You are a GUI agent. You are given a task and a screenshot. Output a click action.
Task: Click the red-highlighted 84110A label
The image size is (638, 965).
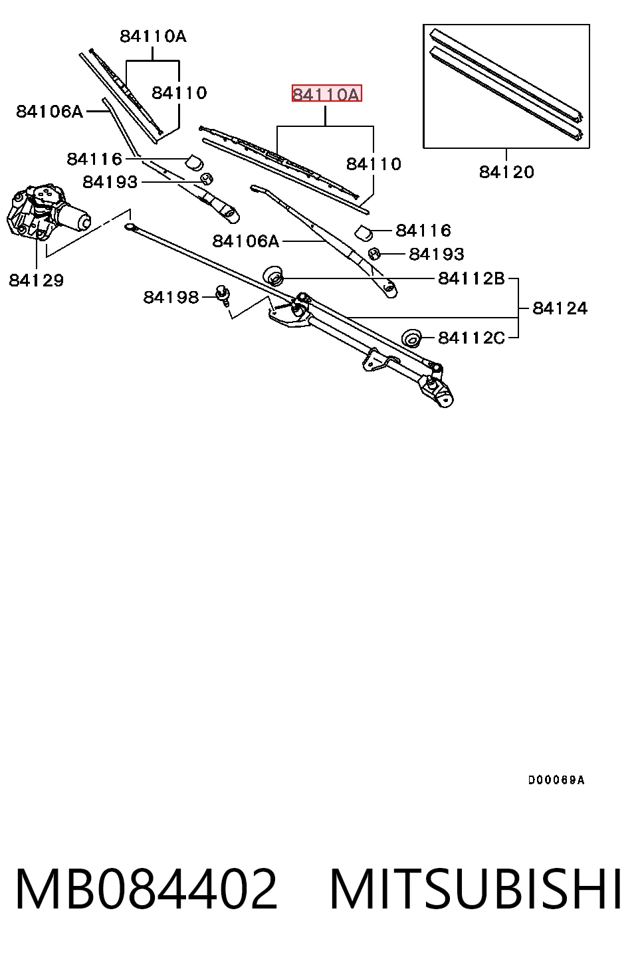click(x=326, y=94)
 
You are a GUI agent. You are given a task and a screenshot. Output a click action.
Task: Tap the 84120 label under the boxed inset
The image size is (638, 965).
click(x=506, y=172)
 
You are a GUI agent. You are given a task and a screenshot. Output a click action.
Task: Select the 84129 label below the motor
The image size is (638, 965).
click(x=36, y=280)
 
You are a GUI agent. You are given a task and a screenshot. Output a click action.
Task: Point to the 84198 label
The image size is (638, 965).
click(x=171, y=297)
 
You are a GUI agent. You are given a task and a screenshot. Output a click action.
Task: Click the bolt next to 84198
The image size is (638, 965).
click(x=223, y=294)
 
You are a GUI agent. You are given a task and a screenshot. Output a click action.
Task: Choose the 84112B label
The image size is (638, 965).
click(x=471, y=278)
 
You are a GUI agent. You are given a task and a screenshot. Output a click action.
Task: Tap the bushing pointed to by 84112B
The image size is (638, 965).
click(x=274, y=275)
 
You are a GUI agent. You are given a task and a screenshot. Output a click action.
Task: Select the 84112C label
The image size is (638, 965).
click(x=471, y=338)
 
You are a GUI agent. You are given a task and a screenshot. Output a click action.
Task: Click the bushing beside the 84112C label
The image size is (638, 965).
click(x=411, y=338)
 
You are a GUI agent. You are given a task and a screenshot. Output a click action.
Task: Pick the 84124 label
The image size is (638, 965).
click(x=560, y=308)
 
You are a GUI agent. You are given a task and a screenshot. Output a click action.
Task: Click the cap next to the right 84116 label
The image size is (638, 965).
click(x=364, y=233)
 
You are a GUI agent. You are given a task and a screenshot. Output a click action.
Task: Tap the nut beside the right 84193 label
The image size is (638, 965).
click(x=374, y=254)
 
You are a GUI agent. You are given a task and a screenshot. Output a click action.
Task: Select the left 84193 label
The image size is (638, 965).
click(x=110, y=182)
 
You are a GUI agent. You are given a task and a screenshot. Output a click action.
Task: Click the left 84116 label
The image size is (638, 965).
click(x=95, y=160)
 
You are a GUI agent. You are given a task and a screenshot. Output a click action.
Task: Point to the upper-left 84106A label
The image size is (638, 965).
click(x=50, y=112)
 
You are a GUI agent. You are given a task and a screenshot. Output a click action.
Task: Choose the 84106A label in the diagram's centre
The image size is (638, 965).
click(x=246, y=241)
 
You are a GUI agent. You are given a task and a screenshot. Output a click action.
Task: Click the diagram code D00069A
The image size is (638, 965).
click(x=556, y=780)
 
